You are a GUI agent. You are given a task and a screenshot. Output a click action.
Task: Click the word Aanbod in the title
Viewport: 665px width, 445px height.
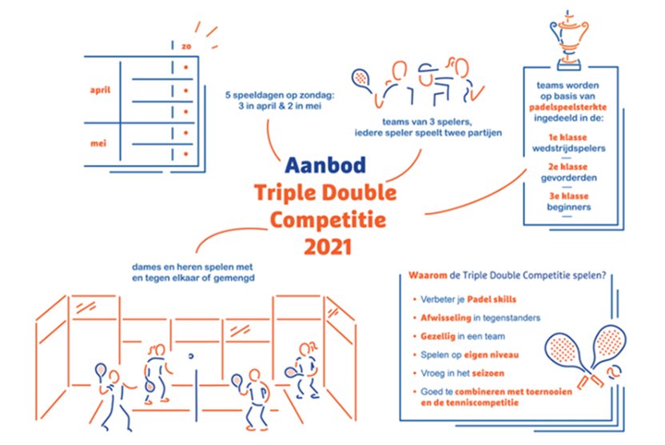point(325,165)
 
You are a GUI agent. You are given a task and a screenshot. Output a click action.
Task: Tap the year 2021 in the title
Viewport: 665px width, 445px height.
point(329,247)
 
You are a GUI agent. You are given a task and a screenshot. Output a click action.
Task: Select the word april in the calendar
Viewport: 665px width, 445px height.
point(100,90)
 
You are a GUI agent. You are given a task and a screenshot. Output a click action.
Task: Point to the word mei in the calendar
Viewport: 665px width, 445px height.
point(98,143)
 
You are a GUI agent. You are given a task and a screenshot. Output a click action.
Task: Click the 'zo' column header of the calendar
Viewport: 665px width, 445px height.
point(186,46)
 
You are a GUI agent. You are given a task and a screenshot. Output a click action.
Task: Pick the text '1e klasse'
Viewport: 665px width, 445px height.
point(567,137)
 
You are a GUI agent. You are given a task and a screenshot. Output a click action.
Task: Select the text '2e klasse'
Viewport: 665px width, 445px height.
point(567,166)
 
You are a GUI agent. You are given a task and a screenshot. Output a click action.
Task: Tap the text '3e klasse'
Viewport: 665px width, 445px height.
point(569,196)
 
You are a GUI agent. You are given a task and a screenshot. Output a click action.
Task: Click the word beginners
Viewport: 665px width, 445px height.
point(569,207)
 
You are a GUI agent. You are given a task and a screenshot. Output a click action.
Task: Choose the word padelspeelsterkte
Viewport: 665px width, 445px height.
point(567,107)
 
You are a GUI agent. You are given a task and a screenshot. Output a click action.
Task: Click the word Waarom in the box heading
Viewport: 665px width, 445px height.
point(428,275)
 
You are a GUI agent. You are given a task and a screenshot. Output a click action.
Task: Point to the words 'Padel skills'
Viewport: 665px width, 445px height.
point(492,299)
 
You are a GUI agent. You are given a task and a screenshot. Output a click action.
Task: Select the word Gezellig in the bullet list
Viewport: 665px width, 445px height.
point(438,336)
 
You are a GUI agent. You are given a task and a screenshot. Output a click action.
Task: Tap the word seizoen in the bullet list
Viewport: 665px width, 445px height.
point(488,373)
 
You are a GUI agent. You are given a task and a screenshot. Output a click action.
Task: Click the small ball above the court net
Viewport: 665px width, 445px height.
point(191,356)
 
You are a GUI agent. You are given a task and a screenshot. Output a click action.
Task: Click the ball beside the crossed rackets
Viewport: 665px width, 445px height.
point(614,372)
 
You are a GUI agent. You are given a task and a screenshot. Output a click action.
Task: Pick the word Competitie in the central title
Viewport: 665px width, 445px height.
point(328,220)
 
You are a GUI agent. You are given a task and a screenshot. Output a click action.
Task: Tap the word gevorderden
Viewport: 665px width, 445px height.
point(569,178)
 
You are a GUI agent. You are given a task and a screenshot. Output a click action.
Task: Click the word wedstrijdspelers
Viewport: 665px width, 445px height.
point(569,149)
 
